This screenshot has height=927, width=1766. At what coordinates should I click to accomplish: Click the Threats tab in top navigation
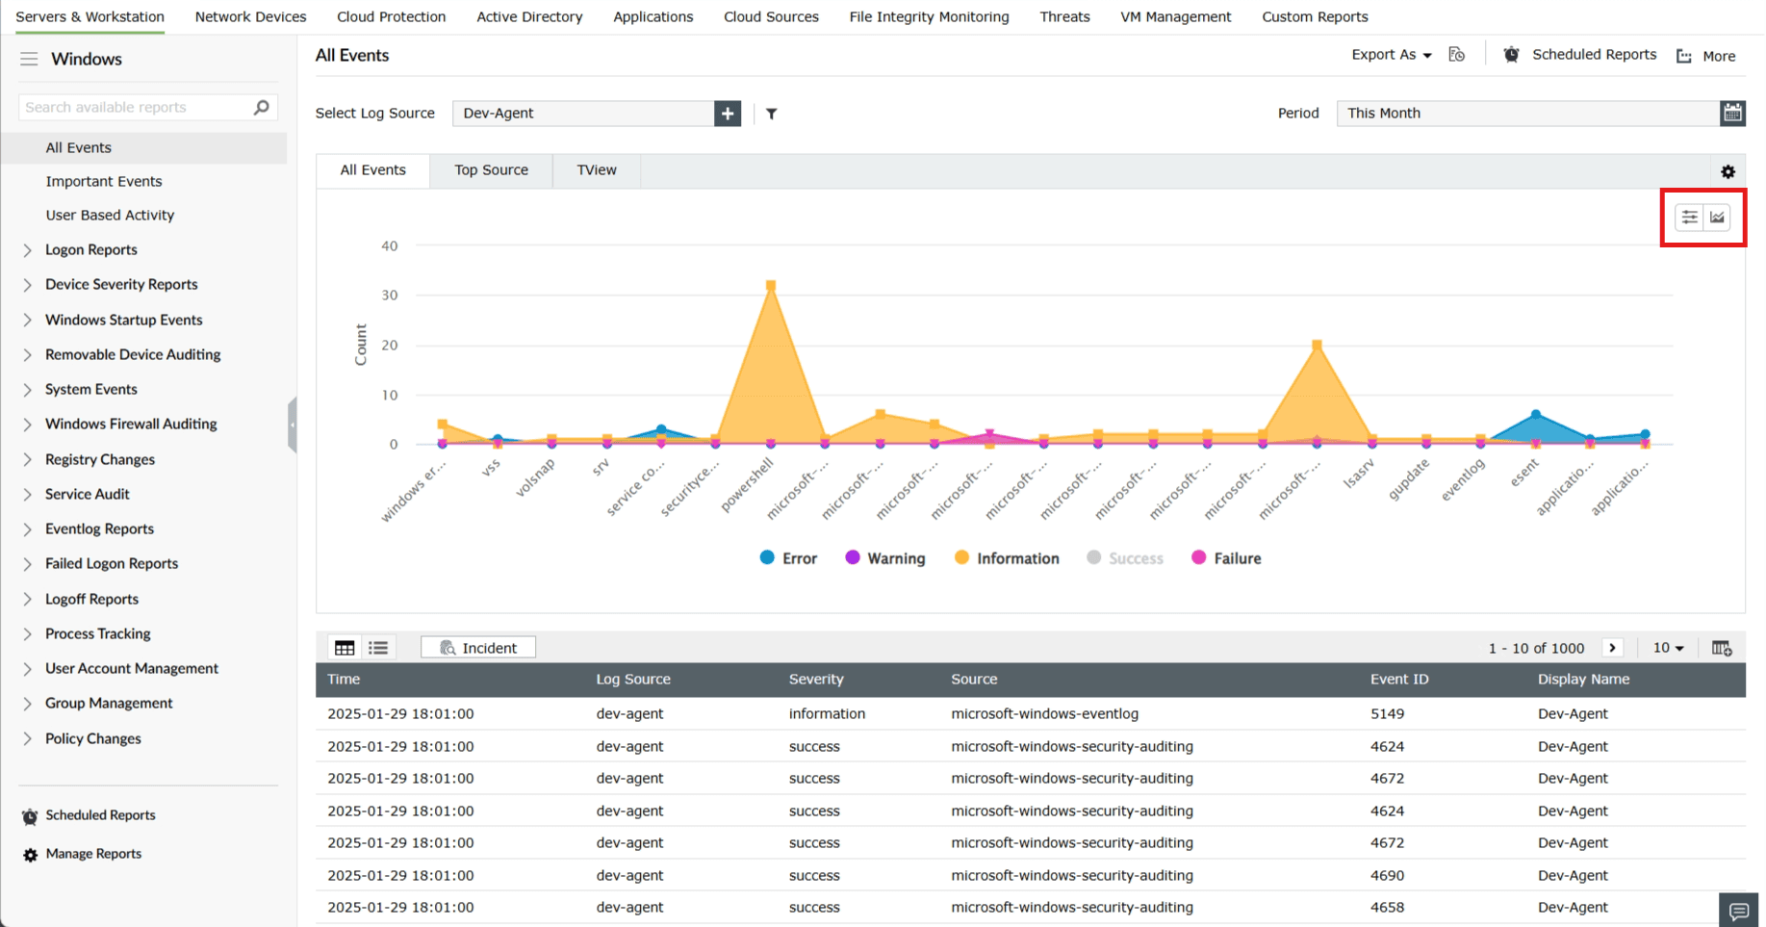point(1064,16)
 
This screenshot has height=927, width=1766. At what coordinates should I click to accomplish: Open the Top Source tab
point(491,169)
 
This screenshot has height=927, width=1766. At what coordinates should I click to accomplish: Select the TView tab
point(596,169)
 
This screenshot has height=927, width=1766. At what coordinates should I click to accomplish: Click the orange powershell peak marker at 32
point(771,286)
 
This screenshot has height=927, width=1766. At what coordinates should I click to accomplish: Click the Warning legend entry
point(884,558)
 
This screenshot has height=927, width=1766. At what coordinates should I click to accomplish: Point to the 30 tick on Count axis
point(390,296)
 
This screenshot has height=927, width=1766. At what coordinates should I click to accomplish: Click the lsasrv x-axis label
point(1359,473)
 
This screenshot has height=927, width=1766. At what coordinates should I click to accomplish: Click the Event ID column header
point(1399,679)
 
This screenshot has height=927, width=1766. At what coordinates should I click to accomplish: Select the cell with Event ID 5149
point(1387,713)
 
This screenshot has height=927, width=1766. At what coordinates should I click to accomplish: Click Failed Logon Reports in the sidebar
point(112,563)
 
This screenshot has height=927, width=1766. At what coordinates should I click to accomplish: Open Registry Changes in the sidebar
point(100,459)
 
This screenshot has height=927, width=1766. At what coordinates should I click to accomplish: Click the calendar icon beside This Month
point(1732,113)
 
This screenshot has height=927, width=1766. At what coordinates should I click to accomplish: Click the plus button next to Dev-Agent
point(728,113)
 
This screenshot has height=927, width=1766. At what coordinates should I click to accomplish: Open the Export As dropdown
point(1391,55)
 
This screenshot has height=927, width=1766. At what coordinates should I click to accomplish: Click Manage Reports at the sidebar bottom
point(93,854)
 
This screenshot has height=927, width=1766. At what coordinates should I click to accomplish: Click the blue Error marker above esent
point(1536,415)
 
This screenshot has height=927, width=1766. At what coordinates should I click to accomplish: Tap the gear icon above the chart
point(1728,171)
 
